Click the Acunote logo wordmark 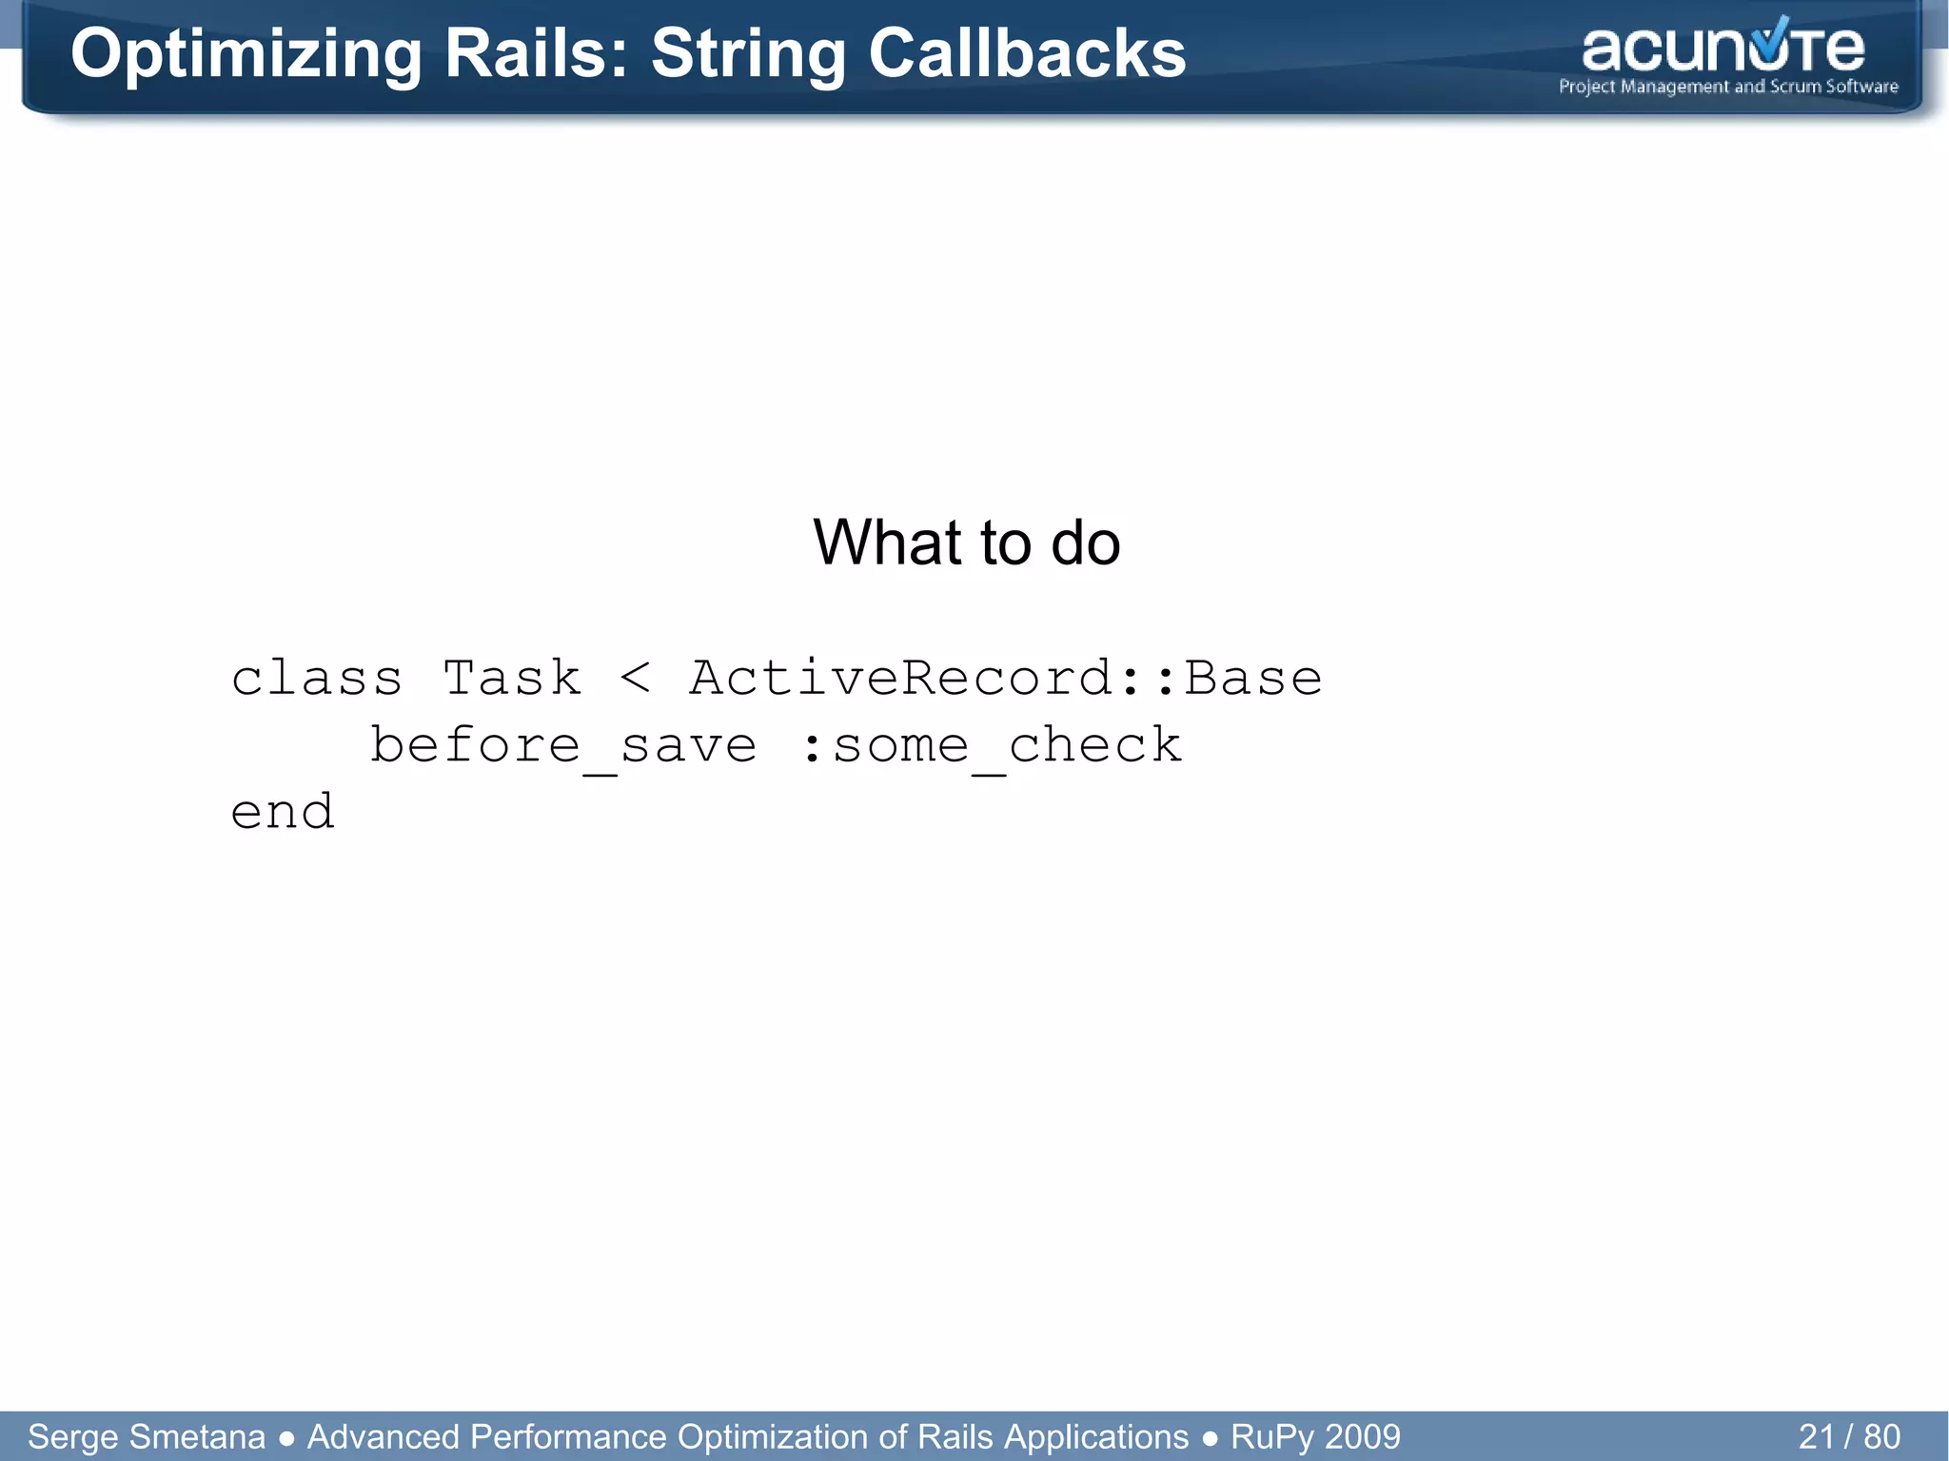tap(1723, 49)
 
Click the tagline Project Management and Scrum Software tap(1728, 87)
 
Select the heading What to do tap(966, 543)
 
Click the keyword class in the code tap(317, 679)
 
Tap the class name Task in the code tap(512, 679)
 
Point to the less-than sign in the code tap(635, 679)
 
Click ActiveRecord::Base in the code tap(1005, 679)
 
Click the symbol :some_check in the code tap(991, 745)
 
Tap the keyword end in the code tap(283, 812)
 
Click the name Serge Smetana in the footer tap(147, 1436)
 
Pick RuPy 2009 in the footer tap(1315, 1436)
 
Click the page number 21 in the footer tap(1816, 1436)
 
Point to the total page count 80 tap(1881, 1436)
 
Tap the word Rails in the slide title tap(537, 54)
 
